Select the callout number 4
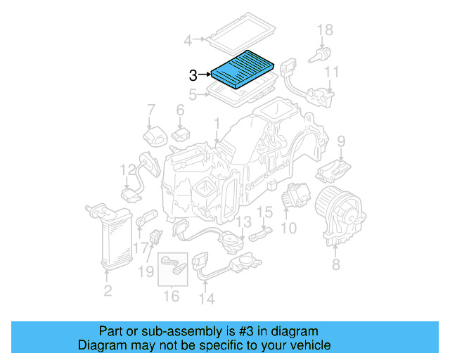click(x=188, y=41)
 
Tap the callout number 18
click(x=324, y=30)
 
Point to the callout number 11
click(x=331, y=72)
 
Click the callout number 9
click(x=341, y=141)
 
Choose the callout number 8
click(x=335, y=264)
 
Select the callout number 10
click(x=288, y=229)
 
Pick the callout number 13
click(x=242, y=222)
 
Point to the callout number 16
click(x=172, y=296)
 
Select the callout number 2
click(x=107, y=290)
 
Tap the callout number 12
click(x=127, y=169)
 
